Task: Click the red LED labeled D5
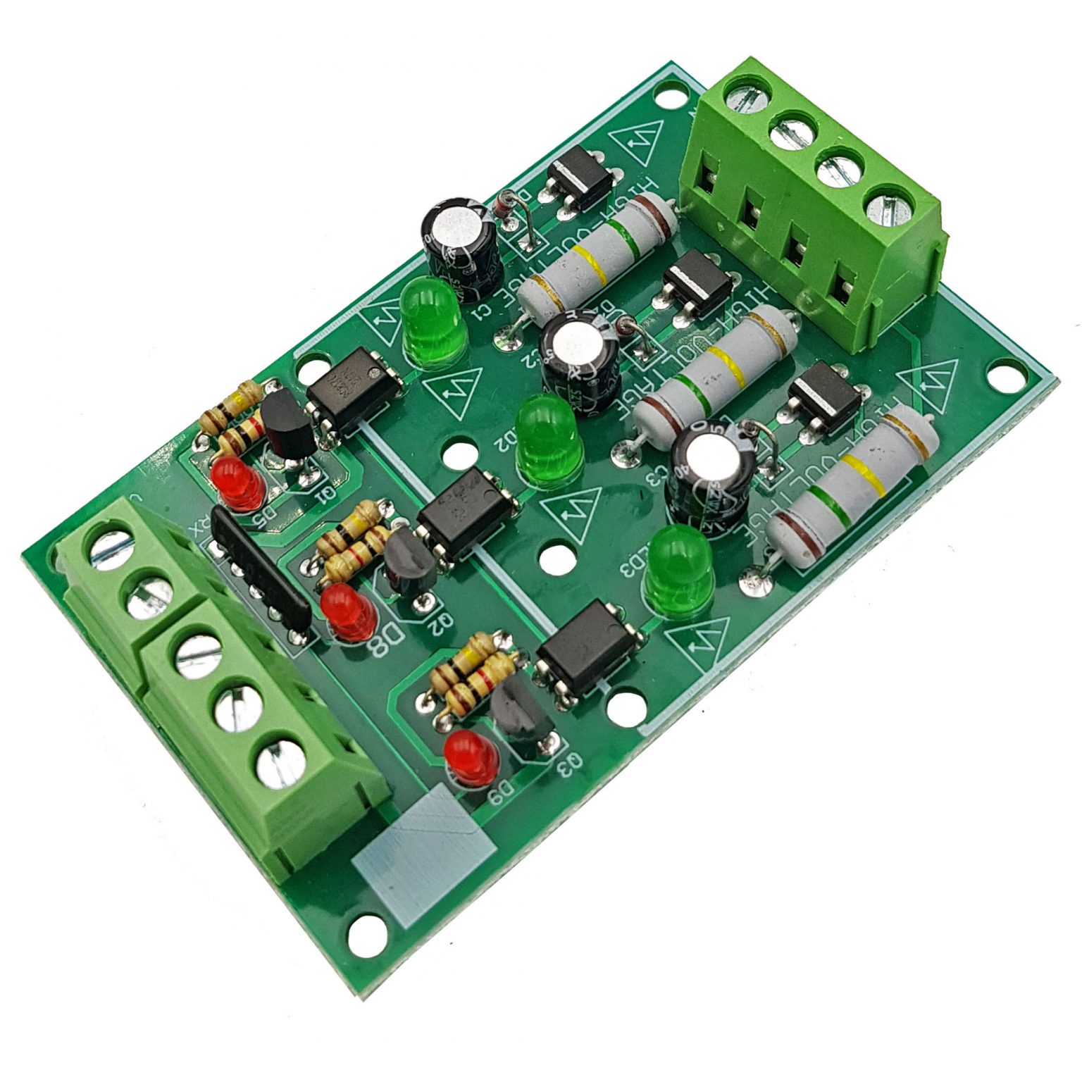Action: point(238,482)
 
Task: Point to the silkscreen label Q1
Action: point(325,496)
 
